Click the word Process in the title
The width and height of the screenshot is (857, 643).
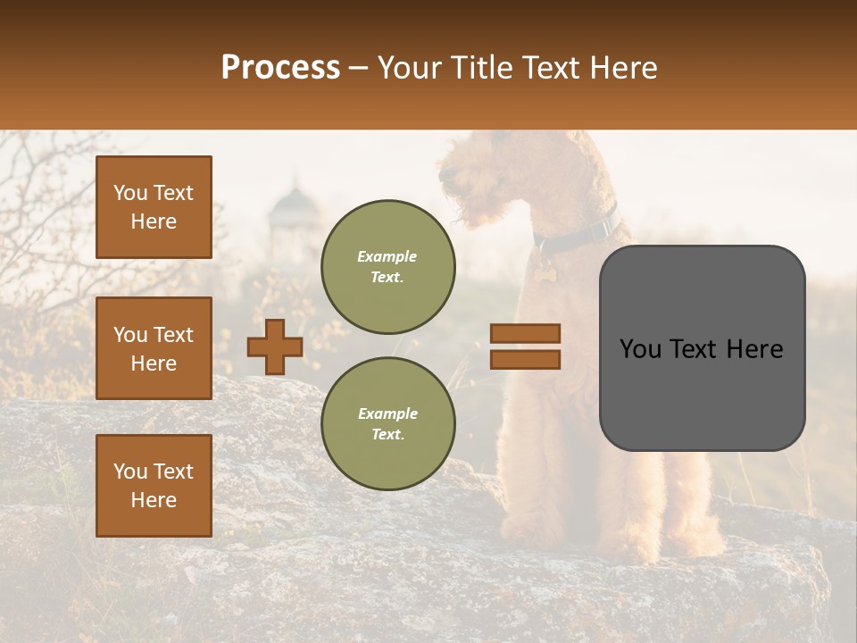(x=280, y=68)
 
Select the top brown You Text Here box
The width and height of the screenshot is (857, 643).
(x=154, y=207)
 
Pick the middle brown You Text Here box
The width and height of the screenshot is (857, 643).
(x=154, y=348)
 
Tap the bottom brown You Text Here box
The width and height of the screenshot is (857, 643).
(x=154, y=485)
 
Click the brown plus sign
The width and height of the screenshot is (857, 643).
(x=275, y=347)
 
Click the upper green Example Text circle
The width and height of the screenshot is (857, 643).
(x=387, y=267)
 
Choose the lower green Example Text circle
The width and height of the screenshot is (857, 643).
(x=387, y=423)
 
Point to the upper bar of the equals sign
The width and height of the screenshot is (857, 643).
(x=525, y=333)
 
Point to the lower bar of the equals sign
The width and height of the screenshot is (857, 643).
(x=525, y=359)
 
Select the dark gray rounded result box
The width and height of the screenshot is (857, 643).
(x=702, y=348)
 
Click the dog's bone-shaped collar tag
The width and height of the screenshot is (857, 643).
(x=542, y=272)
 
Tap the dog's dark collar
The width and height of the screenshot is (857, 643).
(x=580, y=234)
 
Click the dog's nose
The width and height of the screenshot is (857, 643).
(x=444, y=177)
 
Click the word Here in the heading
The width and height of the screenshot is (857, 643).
(x=621, y=68)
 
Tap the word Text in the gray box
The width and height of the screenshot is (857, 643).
(x=702, y=349)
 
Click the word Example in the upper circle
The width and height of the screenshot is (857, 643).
(x=387, y=256)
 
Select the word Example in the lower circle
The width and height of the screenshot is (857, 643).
(x=387, y=413)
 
